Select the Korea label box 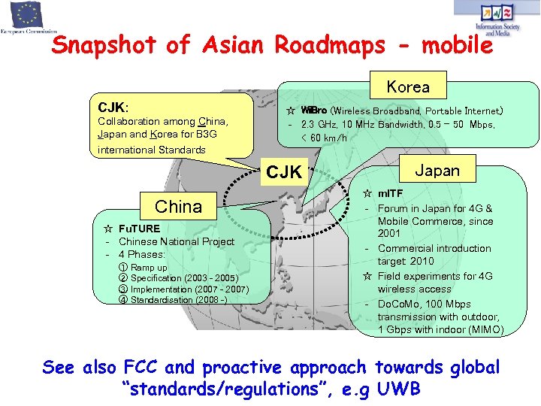tap(407, 86)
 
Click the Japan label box tap(437, 170)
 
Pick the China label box tap(178, 207)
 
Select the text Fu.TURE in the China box tap(139, 228)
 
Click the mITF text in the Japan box tap(391, 194)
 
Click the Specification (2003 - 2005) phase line tap(184, 278)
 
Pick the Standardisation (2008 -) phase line tap(179, 300)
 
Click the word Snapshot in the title tap(105, 45)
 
